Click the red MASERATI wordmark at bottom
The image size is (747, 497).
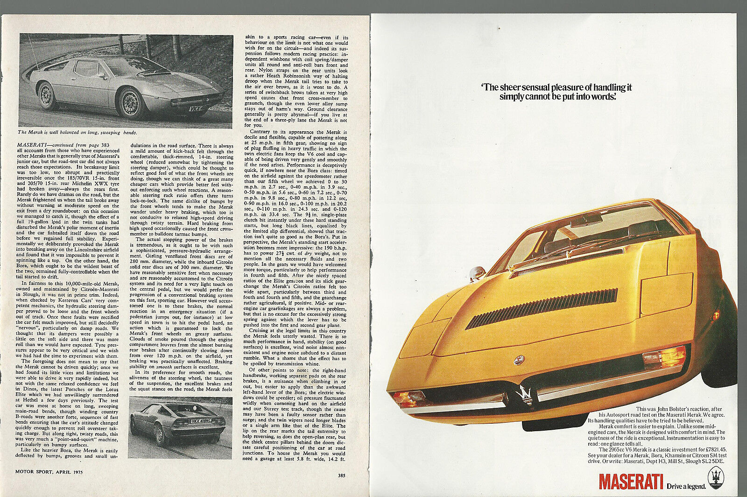point(631,482)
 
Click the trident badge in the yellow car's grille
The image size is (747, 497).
point(525,393)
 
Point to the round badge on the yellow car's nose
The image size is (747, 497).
point(519,360)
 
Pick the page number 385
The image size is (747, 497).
point(342,476)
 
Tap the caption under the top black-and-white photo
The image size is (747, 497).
point(77,133)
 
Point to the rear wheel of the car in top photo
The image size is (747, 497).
point(46,95)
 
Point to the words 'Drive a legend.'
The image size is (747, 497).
point(686,486)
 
